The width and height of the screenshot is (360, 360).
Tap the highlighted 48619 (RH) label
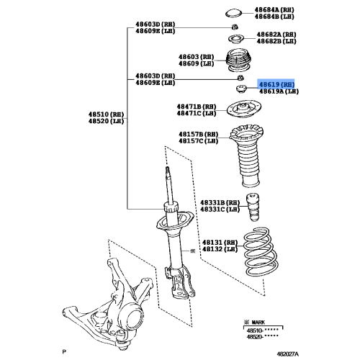click(276, 84)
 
